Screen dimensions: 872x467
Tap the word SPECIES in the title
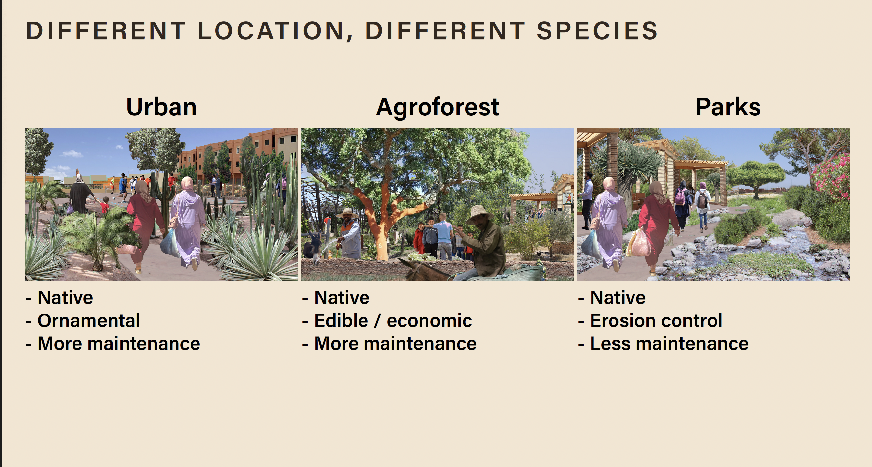597,31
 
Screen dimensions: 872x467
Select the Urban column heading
161,107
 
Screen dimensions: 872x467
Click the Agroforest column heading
437,107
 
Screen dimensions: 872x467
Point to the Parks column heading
728,107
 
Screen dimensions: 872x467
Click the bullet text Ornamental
89,320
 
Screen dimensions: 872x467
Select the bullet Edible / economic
393,320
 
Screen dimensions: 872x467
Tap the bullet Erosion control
656,320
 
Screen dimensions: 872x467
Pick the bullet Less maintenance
669,343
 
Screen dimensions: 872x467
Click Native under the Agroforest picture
342,297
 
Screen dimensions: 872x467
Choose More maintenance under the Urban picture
119,343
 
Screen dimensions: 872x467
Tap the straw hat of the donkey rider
480,213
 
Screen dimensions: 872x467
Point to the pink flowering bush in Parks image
832,176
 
